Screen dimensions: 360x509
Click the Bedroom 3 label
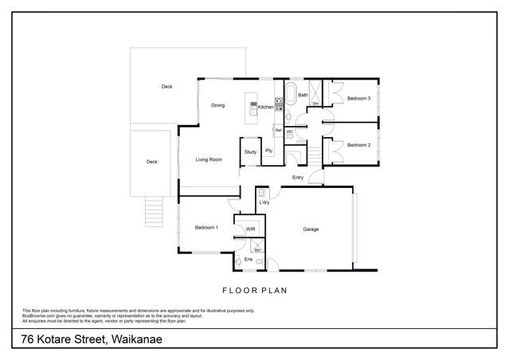point(358,98)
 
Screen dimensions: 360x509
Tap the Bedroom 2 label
point(358,145)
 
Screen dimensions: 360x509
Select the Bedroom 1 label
point(206,228)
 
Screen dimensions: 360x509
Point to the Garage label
point(311,229)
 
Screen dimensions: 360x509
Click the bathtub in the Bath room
point(292,95)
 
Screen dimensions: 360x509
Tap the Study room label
point(250,151)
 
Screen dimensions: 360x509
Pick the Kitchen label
point(266,107)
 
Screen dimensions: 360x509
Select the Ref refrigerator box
point(278,129)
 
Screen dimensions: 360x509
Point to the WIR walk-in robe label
point(250,229)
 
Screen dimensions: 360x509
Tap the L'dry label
point(264,203)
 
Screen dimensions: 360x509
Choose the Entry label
point(298,177)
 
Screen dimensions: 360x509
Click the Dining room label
point(217,105)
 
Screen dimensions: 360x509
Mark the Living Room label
point(208,160)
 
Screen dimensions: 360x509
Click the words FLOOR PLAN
point(254,291)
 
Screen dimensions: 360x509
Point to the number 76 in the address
point(29,340)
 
